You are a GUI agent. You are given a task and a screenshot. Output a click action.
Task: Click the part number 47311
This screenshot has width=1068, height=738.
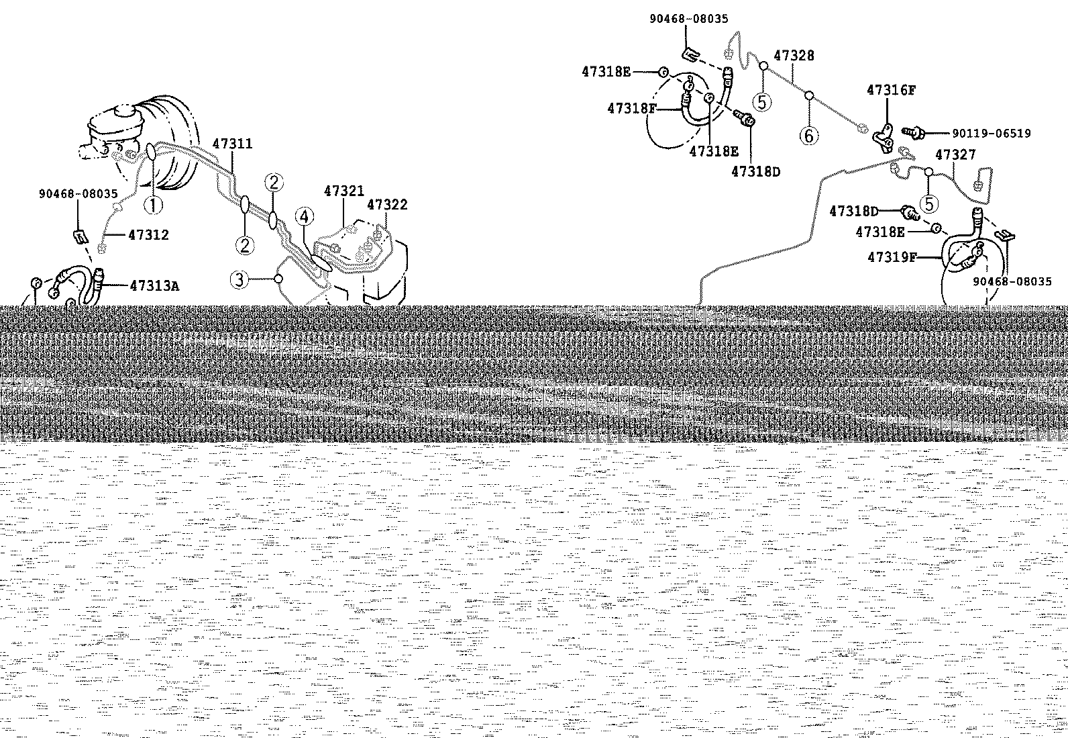232,144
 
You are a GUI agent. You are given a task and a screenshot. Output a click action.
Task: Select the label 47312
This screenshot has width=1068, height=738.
148,235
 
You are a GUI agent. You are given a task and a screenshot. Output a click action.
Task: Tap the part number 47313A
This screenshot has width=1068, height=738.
155,286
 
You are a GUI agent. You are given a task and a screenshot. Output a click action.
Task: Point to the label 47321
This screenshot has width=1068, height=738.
344,191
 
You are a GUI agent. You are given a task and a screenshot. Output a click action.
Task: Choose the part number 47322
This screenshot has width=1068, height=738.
387,205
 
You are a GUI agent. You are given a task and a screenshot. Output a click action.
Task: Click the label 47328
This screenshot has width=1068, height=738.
794,55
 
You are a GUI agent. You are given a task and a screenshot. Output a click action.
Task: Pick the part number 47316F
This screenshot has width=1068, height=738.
891,90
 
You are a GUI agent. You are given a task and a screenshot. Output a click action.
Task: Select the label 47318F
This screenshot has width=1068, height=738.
632,108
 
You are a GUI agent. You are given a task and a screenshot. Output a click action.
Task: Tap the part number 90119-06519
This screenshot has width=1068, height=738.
992,133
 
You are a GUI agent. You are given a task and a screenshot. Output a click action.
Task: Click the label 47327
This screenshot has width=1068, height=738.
955,154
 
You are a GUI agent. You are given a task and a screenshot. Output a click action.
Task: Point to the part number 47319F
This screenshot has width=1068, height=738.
892,257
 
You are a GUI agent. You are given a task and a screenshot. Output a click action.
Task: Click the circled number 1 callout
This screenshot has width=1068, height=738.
154,205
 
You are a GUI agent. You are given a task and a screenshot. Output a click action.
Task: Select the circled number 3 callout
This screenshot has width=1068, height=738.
239,280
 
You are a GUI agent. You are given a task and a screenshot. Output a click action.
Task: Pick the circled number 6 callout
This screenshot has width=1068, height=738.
809,136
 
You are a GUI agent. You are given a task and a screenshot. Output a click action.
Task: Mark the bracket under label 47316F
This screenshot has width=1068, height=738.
884,139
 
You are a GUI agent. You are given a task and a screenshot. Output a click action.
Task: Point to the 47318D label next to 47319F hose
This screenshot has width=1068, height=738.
854,211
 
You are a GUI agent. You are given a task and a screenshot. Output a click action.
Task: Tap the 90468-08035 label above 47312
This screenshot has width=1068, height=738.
78,194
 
